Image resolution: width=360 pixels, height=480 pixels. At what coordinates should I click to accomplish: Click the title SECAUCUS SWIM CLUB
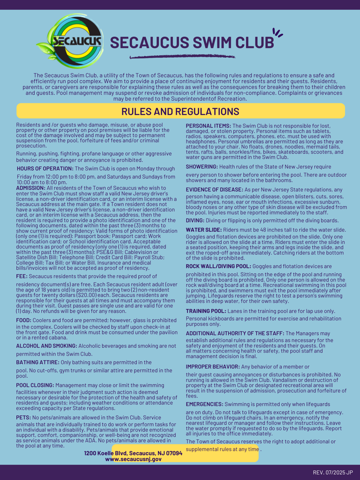[x=192, y=42]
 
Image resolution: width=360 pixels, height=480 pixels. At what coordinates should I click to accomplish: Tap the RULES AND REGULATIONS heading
[x=180, y=112]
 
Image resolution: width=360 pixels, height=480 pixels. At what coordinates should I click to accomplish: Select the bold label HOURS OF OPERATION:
[x=45, y=168]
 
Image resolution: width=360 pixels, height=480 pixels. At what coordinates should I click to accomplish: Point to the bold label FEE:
[x=23, y=276]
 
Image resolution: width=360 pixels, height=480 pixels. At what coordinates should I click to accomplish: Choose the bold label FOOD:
[x=25, y=320]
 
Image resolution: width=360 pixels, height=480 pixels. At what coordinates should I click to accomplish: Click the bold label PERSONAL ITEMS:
[x=209, y=126]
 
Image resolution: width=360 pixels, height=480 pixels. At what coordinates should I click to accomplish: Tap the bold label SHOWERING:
[x=202, y=166]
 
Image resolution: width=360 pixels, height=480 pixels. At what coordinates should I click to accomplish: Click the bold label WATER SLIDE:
[x=204, y=229]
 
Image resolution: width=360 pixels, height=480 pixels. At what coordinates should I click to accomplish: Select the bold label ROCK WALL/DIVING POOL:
[x=218, y=266]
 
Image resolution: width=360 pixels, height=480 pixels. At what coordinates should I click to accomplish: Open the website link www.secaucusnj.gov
[x=133, y=459]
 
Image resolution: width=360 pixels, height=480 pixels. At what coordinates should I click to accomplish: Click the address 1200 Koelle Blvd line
[x=133, y=453]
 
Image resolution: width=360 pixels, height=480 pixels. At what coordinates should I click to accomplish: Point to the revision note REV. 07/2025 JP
[x=333, y=472]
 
